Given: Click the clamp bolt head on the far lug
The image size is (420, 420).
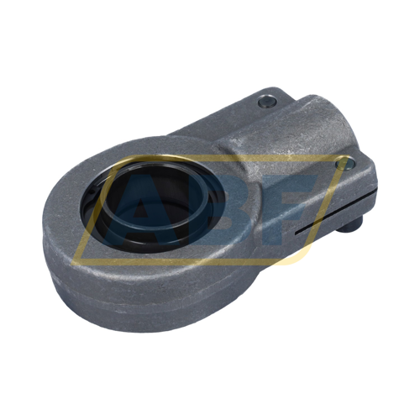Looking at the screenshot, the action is pos(267,101).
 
